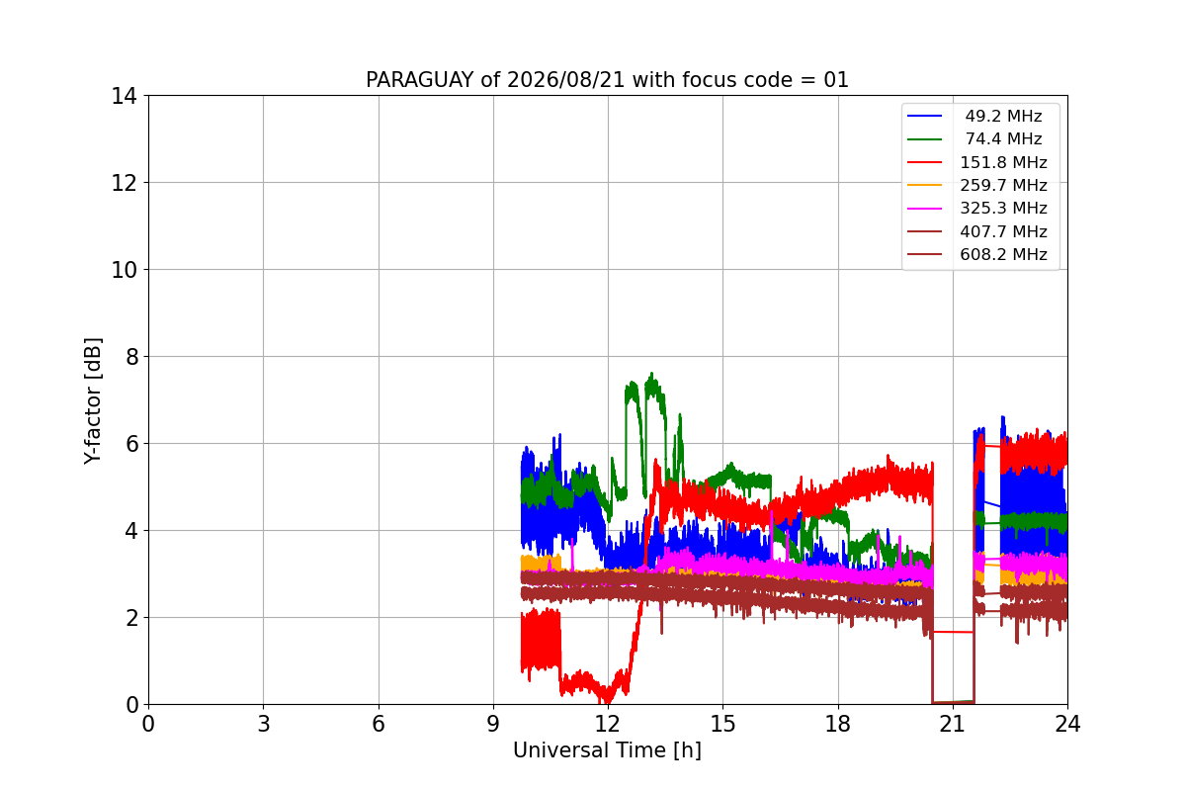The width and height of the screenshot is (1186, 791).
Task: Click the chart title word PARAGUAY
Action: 420,80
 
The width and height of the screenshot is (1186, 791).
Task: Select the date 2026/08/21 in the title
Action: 565,80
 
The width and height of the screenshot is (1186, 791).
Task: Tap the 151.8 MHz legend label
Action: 1003,162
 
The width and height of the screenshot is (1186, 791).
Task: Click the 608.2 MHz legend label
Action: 1003,254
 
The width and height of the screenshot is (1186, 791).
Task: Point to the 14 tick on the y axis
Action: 124,96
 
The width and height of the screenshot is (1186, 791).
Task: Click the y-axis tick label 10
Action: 124,270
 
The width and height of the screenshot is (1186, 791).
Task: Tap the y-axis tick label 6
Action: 131,443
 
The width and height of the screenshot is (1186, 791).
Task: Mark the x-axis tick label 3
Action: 264,724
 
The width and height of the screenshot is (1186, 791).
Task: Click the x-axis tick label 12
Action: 608,724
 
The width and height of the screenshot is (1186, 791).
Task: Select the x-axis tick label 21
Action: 953,724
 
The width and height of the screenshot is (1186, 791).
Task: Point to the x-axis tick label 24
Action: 1067,724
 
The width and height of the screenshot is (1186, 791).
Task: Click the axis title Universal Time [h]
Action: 607,750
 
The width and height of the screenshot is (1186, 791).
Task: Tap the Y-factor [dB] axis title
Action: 93,401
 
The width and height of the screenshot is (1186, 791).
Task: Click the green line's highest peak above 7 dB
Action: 651,373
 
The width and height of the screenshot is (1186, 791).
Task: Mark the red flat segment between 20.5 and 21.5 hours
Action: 953,632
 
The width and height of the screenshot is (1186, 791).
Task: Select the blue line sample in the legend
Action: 924,116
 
